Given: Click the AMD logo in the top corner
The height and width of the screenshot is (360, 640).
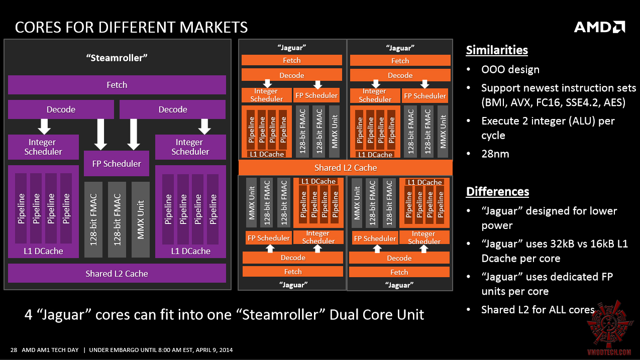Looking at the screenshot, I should [599, 27].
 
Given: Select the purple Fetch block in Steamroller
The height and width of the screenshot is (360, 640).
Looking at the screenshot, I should [117, 85].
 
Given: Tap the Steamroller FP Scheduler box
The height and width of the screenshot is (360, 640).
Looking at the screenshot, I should [117, 164].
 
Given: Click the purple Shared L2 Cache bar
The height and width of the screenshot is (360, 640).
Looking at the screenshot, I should [117, 274].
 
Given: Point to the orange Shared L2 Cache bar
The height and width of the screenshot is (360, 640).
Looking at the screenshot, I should [346, 168].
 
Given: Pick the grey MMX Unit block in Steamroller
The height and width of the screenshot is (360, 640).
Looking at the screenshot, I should [141, 220].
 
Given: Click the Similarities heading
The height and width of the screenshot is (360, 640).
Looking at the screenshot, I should [497, 50].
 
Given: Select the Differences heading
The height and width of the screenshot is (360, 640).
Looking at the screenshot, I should [497, 192].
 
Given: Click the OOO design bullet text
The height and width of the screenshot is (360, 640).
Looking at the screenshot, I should [510, 70].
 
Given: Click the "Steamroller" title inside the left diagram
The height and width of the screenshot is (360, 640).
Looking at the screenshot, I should [117, 57].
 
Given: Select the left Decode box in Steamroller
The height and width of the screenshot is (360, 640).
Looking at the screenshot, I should [61, 109].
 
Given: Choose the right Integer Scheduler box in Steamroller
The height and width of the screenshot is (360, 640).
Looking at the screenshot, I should [190, 147].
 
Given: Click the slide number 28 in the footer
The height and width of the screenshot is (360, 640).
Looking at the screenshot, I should [14, 350].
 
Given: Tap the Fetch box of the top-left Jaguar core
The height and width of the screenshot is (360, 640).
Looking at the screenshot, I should [292, 60].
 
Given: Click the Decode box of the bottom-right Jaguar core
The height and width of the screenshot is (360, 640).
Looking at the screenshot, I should [399, 258].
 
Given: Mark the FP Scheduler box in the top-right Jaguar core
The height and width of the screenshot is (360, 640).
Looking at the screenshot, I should [425, 95].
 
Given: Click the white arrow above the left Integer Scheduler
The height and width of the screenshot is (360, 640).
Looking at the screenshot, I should [43, 126].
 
